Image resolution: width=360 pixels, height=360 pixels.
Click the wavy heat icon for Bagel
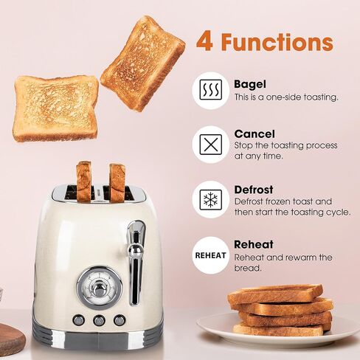coord(211,90)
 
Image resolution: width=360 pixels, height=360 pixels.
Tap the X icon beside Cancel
coord(211,145)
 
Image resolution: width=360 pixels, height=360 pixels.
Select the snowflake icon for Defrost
coord(211,199)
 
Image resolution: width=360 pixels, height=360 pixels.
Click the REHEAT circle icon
coord(210,255)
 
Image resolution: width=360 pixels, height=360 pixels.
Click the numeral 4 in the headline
coord(204,42)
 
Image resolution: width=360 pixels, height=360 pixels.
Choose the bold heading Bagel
coord(250,84)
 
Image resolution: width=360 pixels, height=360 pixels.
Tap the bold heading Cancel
coord(255,134)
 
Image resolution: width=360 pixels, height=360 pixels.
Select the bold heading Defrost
coord(254,190)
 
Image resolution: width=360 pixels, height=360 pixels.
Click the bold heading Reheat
coord(254,244)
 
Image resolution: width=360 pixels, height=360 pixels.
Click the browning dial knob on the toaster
coord(100,288)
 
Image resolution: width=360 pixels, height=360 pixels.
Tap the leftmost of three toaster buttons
coord(79,320)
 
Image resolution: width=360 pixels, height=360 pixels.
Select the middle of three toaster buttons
coord(99,320)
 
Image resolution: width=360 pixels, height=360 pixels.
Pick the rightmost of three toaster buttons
coord(120,320)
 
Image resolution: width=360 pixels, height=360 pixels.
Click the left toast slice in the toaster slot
coord(84,181)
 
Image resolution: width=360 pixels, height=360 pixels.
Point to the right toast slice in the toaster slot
coord(117,183)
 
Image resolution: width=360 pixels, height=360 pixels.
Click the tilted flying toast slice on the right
coord(142,63)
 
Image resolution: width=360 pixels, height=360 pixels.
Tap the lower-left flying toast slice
coord(56,108)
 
